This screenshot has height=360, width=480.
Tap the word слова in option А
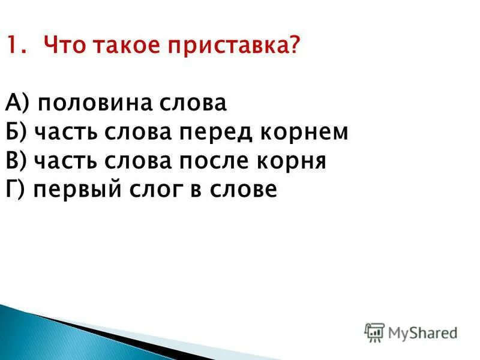(x=192, y=104)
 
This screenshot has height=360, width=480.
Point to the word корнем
(x=305, y=133)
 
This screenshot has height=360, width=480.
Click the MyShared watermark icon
(x=374, y=331)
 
